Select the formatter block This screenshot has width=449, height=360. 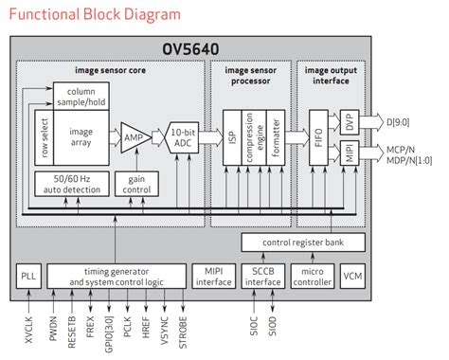click(276, 138)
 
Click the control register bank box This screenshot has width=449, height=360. click(303, 243)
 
